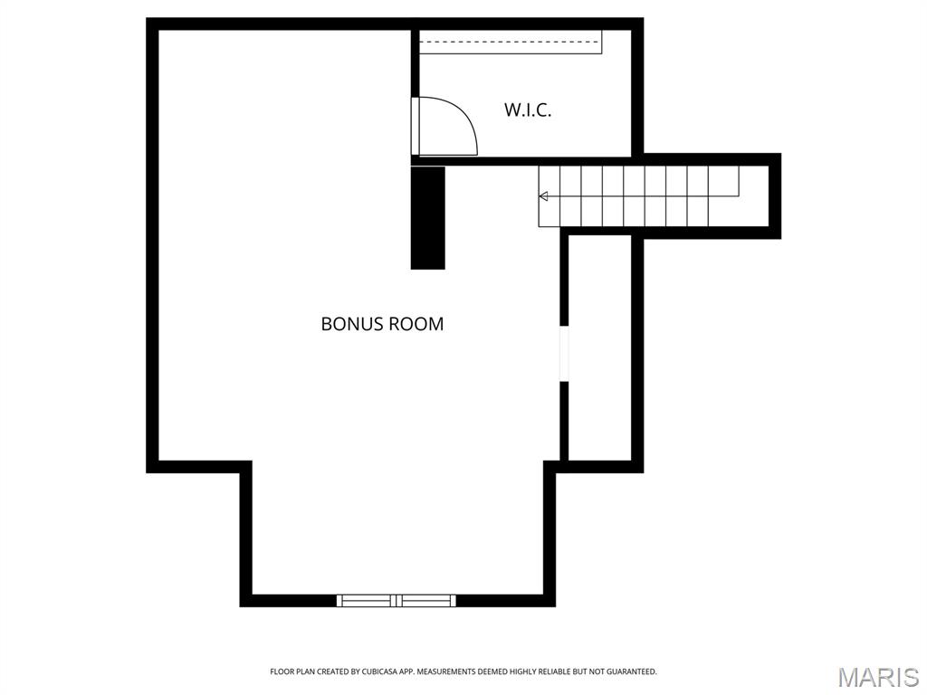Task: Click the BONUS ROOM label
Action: pyautogui.click(x=382, y=324)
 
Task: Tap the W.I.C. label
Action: pyautogui.click(x=528, y=109)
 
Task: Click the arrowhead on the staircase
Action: pyautogui.click(x=543, y=196)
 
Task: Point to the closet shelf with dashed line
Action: pyautogui.click(x=511, y=42)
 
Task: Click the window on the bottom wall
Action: pyautogui.click(x=397, y=601)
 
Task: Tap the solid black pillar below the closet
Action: pyautogui.click(x=428, y=218)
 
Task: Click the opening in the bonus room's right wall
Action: pyautogui.click(x=564, y=354)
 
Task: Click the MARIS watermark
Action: pyautogui.click(x=878, y=677)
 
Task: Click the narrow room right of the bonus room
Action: pyautogui.click(x=599, y=347)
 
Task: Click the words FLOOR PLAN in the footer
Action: pyautogui.click(x=292, y=672)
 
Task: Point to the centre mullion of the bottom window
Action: pyautogui.click(x=397, y=601)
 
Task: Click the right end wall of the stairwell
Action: pyautogui.click(x=775, y=196)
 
